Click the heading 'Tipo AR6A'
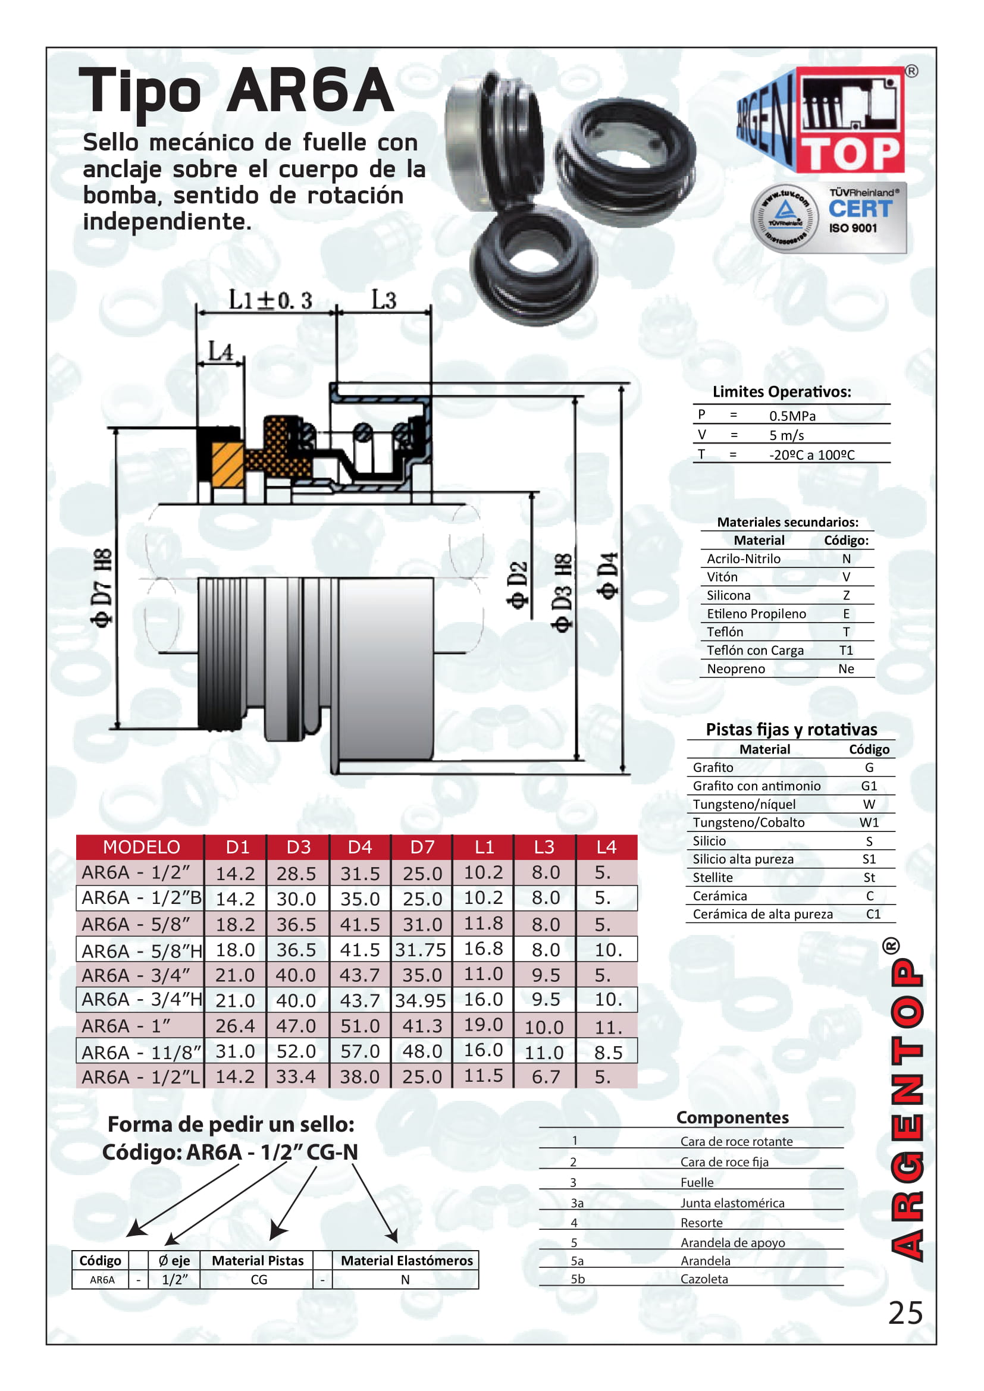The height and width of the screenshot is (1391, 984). (236, 91)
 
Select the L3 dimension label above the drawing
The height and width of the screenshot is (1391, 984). (384, 300)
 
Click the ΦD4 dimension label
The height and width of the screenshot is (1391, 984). (608, 576)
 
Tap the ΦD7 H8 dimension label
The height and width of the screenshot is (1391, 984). (102, 588)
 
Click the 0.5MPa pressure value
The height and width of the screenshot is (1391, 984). (792, 416)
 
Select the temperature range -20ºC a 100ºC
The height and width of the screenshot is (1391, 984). (811, 455)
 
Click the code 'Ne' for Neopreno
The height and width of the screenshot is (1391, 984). (846, 669)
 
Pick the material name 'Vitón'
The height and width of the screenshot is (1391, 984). (722, 577)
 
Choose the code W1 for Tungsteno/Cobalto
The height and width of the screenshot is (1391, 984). (869, 822)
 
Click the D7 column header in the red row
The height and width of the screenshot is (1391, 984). (422, 847)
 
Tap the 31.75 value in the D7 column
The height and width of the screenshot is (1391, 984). (421, 950)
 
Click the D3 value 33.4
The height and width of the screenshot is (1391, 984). (296, 1076)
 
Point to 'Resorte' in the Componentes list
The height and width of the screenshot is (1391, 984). (701, 1223)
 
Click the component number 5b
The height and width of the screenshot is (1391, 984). (578, 1279)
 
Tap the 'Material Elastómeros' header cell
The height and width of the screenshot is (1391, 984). (406, 1261)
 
